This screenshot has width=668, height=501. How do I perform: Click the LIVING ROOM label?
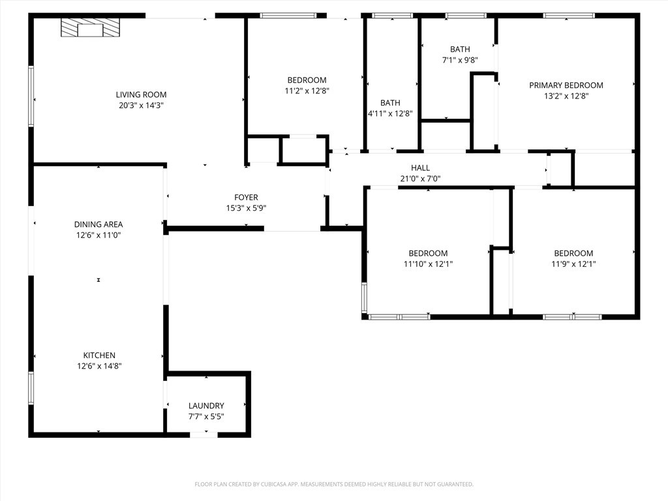(x=141, y=95)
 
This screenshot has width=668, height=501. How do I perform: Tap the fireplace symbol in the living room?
(x=91, y=28)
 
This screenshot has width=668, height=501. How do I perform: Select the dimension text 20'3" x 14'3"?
(x=141, y=105)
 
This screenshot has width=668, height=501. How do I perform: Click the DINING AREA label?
(x=99, y=224)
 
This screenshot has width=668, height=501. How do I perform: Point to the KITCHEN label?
(x=99, y=356)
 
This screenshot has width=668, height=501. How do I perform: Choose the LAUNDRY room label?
(x=206, y=406)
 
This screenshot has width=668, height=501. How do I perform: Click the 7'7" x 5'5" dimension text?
(x=206, y=416)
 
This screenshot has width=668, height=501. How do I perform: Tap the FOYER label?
(x=246, y=198)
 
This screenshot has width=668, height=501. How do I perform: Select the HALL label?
(x=420, y=168)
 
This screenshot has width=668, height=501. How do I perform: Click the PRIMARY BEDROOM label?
(x=566, y=85)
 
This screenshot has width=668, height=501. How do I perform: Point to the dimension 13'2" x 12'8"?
(x=566, y=96)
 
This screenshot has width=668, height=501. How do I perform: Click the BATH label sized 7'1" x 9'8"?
(x=460, y=50)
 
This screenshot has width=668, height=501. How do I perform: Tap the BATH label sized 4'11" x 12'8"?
(x=390, y=103)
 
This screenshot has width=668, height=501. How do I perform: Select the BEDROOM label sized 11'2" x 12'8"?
(x=307, y=80)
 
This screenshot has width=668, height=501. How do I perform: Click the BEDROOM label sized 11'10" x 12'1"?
(x=428, y=254)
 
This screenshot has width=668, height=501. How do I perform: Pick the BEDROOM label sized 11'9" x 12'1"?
(x=573, y=254)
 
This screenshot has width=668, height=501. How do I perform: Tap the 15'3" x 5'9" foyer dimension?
(x=246, y=208)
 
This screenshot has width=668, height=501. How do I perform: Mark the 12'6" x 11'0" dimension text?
(x=99, y=235)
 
